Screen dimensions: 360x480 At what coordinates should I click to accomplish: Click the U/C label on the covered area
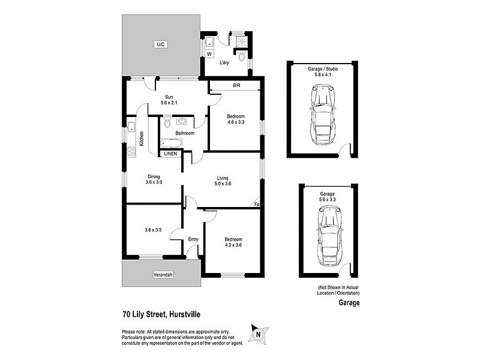(160, 44)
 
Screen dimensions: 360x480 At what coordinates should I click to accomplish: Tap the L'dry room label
(224, 62)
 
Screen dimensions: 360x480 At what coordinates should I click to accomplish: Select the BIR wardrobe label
(237, 86)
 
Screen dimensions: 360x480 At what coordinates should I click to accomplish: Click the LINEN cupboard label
(171, 154)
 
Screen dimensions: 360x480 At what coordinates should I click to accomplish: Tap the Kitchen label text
(142, 139)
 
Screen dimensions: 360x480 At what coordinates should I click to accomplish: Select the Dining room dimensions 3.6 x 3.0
(154, 182)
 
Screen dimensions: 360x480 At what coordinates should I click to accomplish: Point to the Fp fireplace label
(256, 204)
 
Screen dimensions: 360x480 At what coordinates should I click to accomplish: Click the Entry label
(193, 239)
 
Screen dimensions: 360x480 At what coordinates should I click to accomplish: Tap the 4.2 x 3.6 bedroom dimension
(234, 245)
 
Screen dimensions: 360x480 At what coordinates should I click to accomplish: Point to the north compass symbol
(257, 334)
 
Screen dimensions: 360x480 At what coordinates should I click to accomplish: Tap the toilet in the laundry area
(241, 57)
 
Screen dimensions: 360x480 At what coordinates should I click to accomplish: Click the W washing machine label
(209, 54)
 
